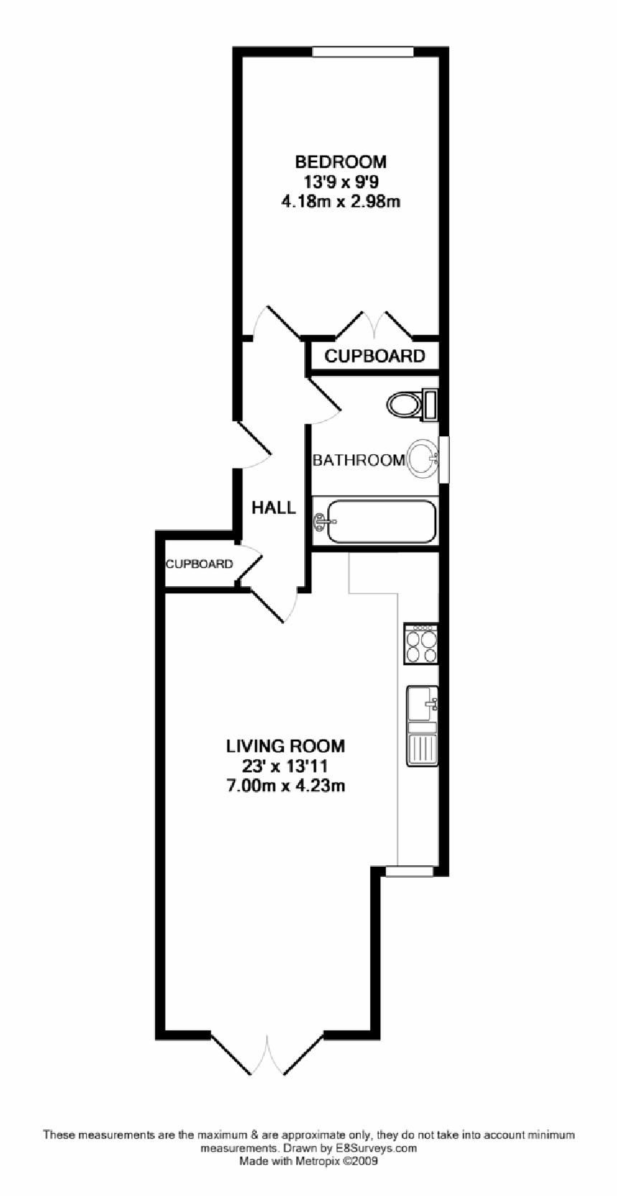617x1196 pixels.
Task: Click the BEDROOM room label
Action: (x=341, y=161)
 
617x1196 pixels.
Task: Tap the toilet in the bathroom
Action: (x=408, y=404)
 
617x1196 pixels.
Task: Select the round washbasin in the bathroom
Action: (x=423, y=458)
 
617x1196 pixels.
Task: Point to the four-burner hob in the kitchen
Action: (x=420, y=644)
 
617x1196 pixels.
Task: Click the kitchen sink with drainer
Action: (x=422, y=725)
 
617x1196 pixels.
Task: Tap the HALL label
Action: (x=273, y=508)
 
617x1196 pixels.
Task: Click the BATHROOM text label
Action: (x=358, y=460)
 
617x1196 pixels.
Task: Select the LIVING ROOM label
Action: (x=286, y=746)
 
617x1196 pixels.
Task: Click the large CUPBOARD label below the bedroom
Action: (x=375, y=356)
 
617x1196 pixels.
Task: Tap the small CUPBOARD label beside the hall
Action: (x=199, y=564)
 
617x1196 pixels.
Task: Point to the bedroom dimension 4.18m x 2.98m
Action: (x=341, y=202)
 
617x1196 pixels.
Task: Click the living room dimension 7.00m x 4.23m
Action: (x=286, y=786)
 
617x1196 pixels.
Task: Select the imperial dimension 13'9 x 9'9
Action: (x=341, y=182)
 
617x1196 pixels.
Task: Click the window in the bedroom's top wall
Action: (x=363, y=52)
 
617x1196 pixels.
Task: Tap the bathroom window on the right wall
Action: (x=444, y=458)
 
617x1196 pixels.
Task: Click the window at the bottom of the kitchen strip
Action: (x=410, y=871)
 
